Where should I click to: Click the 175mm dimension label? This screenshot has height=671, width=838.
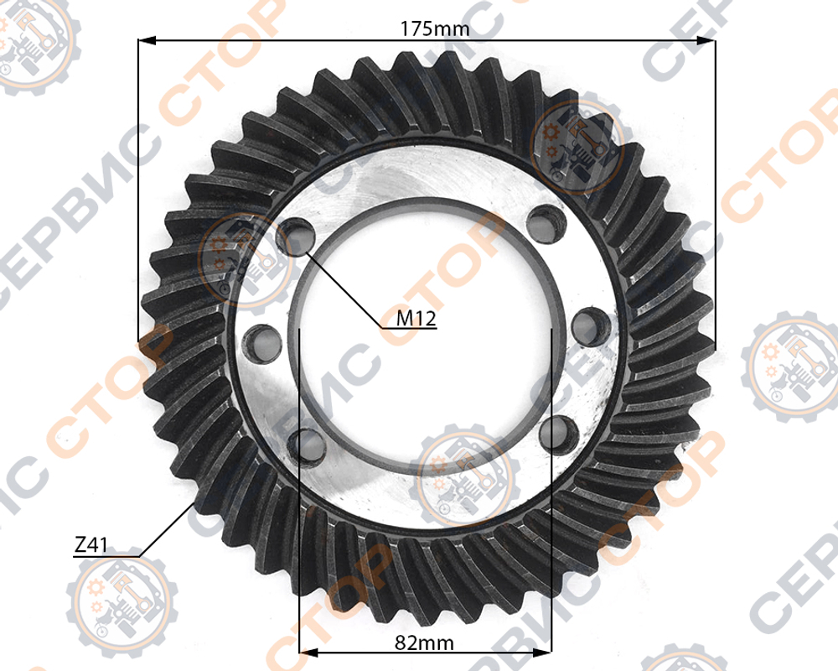point(435,29)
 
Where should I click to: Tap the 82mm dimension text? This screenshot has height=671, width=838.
point(424,642)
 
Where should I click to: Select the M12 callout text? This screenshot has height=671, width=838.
point(416,319)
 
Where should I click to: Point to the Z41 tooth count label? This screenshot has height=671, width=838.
point(91,545)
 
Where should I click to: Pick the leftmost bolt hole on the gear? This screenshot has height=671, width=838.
point(261,343)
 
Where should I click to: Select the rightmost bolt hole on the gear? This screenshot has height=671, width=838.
point(591,326)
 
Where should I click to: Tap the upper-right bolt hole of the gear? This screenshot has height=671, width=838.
point(546,223)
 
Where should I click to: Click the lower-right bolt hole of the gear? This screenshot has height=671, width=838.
point(560,435)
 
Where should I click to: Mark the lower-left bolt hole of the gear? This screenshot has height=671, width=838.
point(307,445)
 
